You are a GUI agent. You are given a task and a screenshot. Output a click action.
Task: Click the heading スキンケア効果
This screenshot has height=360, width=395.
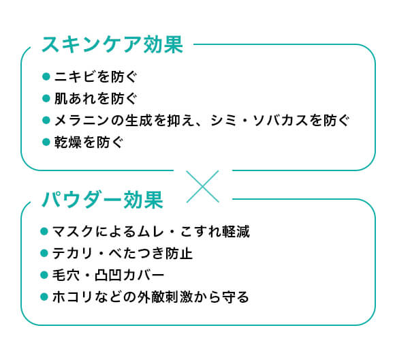click(112, 44)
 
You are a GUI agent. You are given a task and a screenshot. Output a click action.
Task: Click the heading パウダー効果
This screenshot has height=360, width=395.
click(102, 200)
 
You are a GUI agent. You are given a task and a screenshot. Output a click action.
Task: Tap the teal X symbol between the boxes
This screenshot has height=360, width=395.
click(202, 186)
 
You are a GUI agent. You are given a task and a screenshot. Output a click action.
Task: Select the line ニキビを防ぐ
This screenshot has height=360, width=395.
click(95, 76)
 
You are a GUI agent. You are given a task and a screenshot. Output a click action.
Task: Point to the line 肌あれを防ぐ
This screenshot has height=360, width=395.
click(95, 98)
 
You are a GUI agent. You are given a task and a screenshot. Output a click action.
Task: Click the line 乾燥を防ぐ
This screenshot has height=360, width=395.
click(89, 142)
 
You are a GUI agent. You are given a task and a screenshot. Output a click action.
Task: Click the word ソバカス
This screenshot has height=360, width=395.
click(280, 120)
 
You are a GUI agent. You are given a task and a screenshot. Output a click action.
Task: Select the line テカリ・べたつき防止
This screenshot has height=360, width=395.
click(123, 253)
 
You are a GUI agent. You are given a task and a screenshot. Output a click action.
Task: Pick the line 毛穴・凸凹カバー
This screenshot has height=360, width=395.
click(108, 275)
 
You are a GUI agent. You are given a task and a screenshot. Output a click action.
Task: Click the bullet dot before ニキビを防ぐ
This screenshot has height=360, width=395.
click(46, 76)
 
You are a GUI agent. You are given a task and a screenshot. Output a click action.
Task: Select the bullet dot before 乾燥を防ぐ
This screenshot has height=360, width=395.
click(46, 142)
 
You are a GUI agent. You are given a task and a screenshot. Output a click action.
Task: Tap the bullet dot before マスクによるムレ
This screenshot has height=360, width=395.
click(44, 231)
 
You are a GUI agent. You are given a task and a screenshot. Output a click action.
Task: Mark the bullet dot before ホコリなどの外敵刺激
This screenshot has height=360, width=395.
click(44, 297)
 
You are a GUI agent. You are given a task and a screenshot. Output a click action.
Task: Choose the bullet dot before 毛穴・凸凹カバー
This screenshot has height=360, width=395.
click(44, 275)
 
